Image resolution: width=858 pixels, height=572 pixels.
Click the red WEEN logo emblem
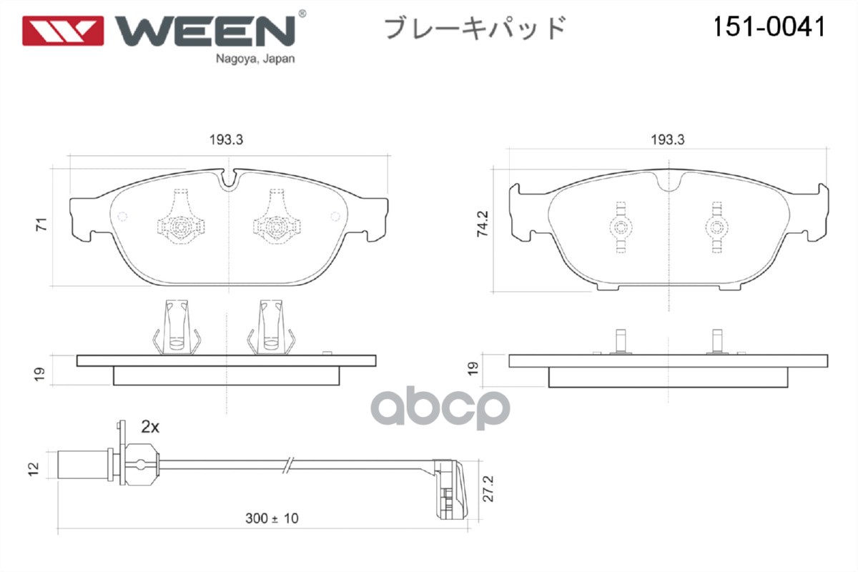(63, 30)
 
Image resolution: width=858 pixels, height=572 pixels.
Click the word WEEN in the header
(205, 29)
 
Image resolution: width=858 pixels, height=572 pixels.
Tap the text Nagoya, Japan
(255, 59)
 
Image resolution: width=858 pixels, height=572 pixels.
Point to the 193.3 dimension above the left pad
(227, 141)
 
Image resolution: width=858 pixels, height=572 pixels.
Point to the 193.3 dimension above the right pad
(667, 141)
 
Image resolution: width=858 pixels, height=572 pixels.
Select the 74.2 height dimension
(484, 225)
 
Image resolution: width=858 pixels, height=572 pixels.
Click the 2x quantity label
(149, 427)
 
